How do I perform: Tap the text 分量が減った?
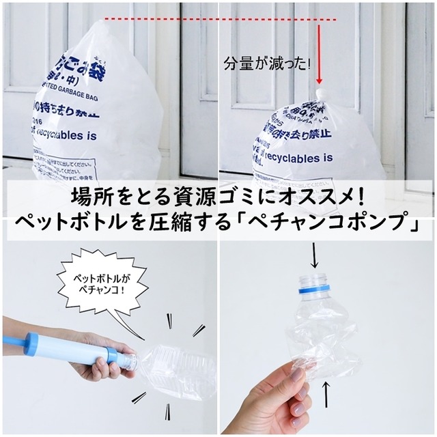(266, 65)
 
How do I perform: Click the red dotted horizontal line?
(205, 20)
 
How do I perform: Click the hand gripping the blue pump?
(96, 365)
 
